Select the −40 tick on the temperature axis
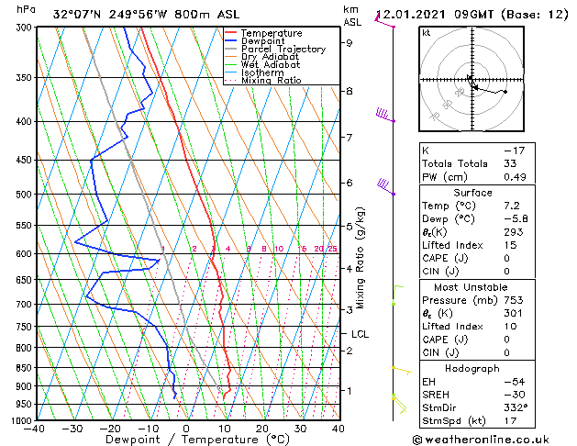(x=35, y=428)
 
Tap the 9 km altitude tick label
(x=349, y=42)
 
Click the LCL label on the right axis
(x=360, y=334)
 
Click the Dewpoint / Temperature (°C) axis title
(x=186, y=440)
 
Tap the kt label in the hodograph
(x=427, y=33)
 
